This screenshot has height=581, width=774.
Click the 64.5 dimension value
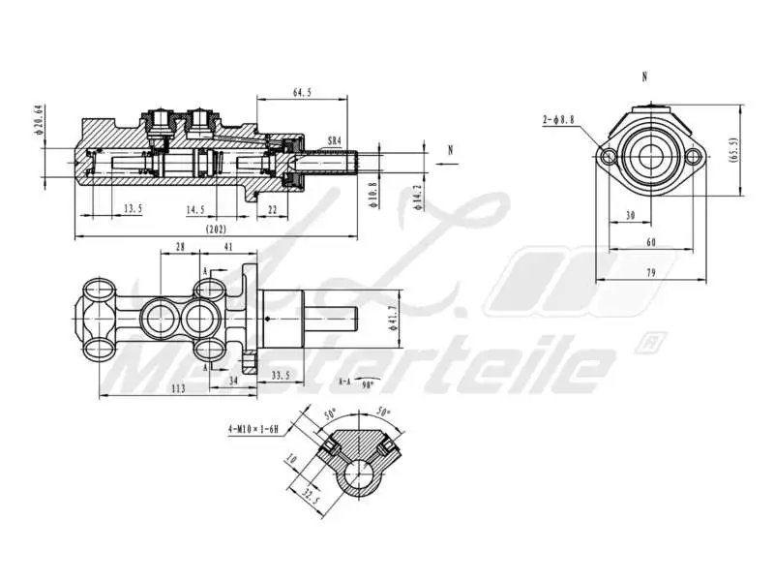pyautogui.click(x=302, y=93)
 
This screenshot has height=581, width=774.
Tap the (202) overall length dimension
pyautogui.click(x=217, y=229)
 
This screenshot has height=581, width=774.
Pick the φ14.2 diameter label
pyautogui.click(x=416, y=195)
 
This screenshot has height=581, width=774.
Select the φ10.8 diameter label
pyautogui.click(x=374, y=195)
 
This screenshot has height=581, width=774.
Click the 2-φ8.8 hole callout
pyautogui.click(x=558, y=119)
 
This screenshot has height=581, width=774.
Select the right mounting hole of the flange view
pyautogui.click(x=693, y=158)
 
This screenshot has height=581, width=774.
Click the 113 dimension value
pyautogui.click(x=178, y=387)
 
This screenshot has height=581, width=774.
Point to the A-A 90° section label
pyautogui.click(x=354, y=382)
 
